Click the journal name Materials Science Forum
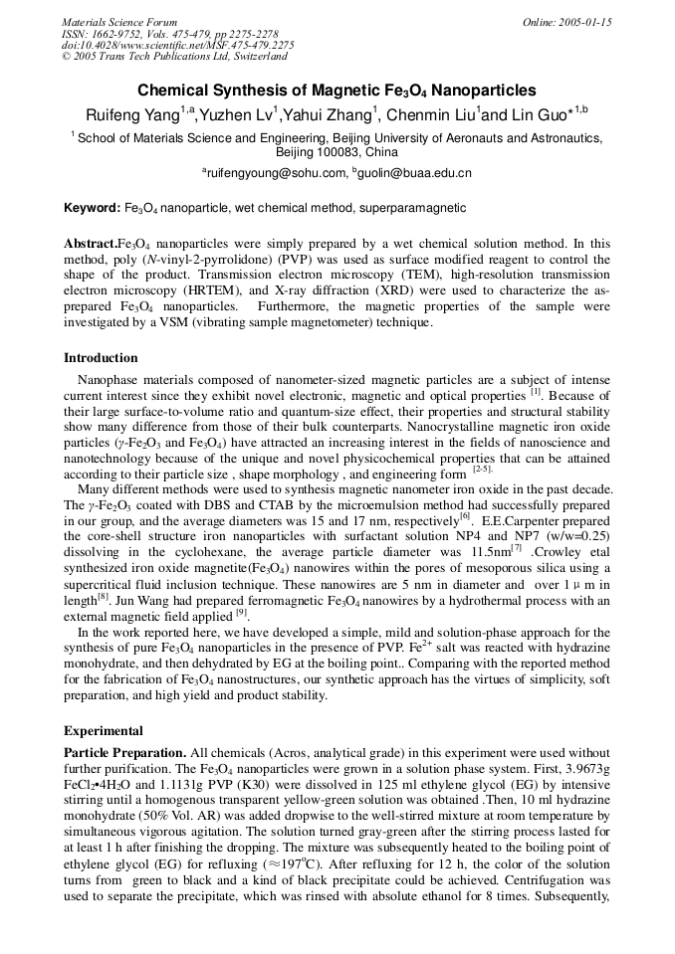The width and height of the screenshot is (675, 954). [x=119, y=22]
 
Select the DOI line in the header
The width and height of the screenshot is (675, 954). [x=177, y=45]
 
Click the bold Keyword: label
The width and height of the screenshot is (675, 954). [x=92, y=209]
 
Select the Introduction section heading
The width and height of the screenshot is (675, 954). [x=101, y=358]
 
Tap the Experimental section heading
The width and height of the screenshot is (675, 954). [x=104, y=731]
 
